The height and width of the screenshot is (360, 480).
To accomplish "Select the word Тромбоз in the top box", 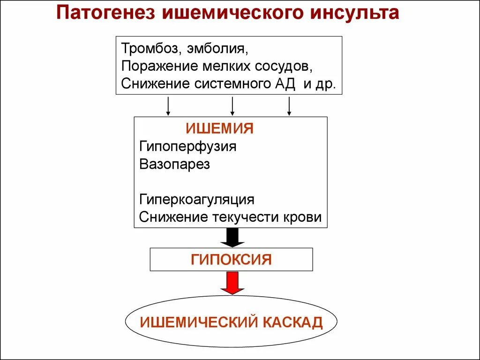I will click(149, 48).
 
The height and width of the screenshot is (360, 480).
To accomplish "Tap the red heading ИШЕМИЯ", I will click(220, 129).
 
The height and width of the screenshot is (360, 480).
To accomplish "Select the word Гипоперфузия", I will click(187, 147).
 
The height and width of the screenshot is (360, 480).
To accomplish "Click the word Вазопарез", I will click(174, 165).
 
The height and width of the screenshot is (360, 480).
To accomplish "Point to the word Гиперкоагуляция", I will click(197, 200).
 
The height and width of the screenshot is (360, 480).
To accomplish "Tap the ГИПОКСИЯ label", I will click(231, 259).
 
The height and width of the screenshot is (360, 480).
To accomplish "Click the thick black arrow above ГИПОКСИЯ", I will click(232, 237).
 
